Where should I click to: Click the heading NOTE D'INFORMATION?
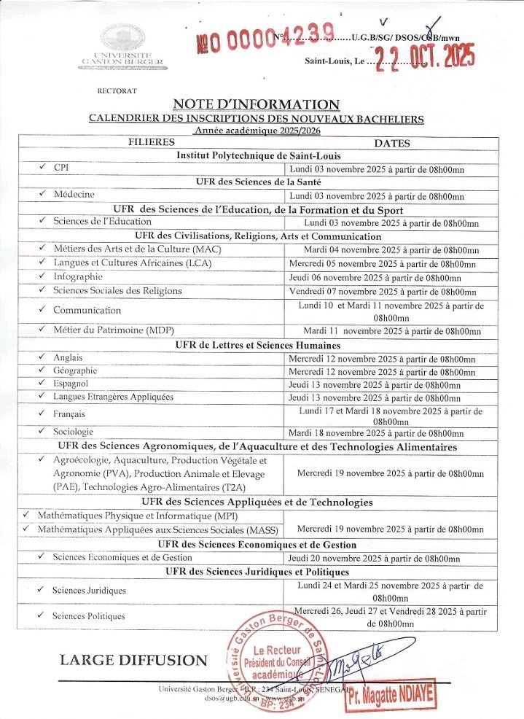coord(257,104)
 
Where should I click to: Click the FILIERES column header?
coord(152,143)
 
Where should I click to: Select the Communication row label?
coord(87,310)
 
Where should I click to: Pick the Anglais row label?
coord(69,358)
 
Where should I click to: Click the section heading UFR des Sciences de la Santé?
coord(259,182)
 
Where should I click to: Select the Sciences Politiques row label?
coord(88,616)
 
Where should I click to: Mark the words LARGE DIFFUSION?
coord(133,660)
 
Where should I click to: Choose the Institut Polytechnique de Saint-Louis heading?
coord(259,155)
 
